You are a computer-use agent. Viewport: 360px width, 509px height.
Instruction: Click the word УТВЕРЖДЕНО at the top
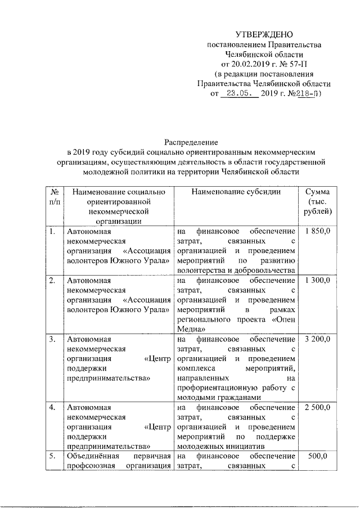pos(264,35)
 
